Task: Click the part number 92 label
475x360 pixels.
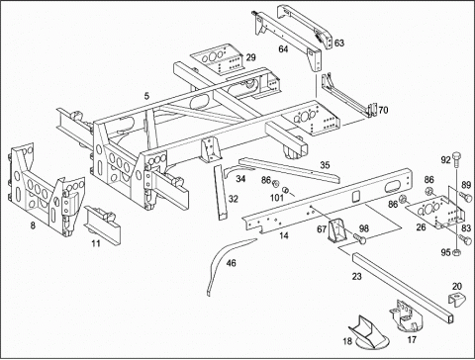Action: tap(445, 160)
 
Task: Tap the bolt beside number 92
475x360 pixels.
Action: tap(456, 160)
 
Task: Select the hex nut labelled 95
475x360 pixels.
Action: tap(457, 253)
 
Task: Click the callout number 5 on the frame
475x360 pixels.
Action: tap(146, 96)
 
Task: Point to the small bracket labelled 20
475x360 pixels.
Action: tap(456, 300)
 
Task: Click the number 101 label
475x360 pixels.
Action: tap(277, 198)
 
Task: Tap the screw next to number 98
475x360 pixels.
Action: tap(359, 238)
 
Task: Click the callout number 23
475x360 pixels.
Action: tap(356, 276)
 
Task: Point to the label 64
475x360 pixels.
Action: tap(283, 49)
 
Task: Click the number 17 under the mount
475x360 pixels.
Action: tap(412, 339)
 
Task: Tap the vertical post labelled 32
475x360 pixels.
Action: tap(221, 193)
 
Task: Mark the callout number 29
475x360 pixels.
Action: tap(250, 57)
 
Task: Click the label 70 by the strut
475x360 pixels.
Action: tap(383, 110)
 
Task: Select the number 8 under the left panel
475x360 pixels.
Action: tap(33, 225)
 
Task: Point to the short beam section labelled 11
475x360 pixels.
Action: tap(102, 225)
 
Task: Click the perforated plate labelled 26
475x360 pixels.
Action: tap(434, 212)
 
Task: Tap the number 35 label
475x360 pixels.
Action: tap(325, 165)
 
